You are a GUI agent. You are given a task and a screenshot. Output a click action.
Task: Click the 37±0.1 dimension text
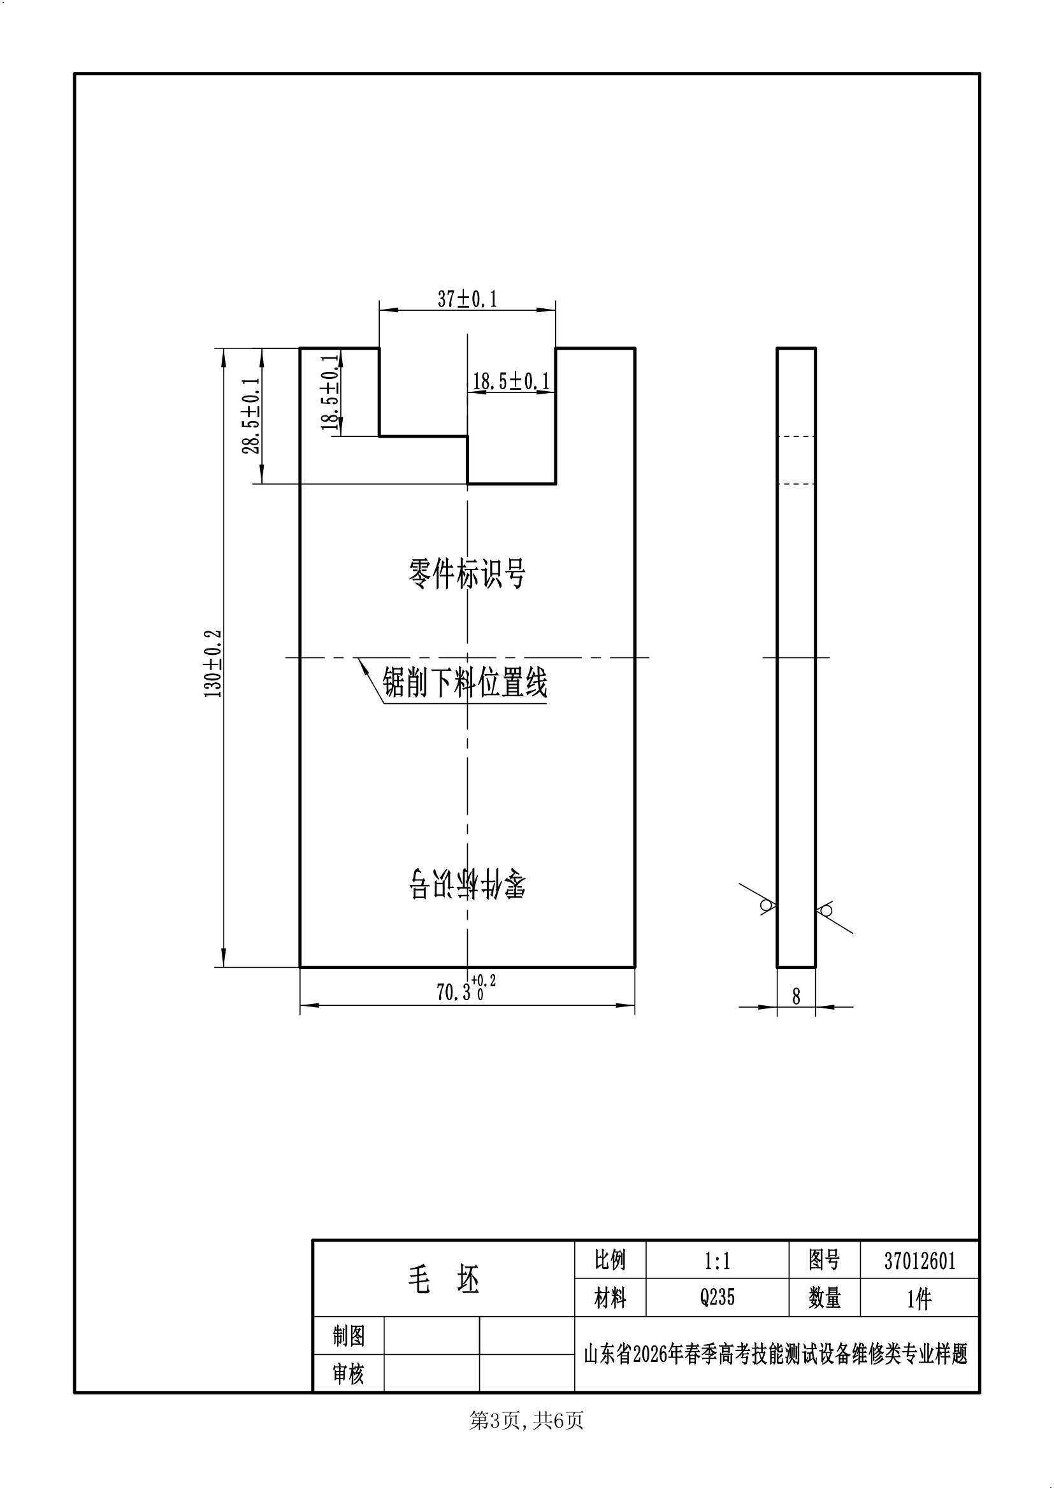[x=467, y=299]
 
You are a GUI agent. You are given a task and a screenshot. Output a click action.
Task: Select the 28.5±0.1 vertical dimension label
[x=251, y=416]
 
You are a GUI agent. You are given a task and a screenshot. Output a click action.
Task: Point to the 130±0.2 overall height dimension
[x=213, y=663]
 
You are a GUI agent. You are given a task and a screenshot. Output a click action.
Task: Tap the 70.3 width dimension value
[x=454, y=992]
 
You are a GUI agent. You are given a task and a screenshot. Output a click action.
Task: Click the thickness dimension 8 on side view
[x=797, y=996]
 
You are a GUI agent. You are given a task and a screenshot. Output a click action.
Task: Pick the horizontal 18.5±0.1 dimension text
[x=511, y=382]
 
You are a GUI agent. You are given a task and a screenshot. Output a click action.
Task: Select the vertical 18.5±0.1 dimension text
[x=330, y=392]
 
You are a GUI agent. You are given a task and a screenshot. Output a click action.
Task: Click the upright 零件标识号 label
[x=466, y=574]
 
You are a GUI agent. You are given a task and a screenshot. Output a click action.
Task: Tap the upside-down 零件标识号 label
[x=467, y=884]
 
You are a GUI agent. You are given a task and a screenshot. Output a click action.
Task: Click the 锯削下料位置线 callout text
[x=465, y=684]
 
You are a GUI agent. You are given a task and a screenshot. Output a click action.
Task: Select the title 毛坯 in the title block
[x=444, y=1279]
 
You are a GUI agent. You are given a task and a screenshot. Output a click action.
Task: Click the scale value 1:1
[x=717, y=1261]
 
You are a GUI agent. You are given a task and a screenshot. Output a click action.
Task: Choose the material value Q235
[x=717, y=1298]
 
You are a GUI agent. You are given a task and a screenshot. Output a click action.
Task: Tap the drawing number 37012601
[x=920, y=1261]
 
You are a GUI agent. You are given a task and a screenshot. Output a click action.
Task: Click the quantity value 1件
[x=919, y=1298]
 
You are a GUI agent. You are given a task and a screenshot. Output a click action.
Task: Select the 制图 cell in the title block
[x=349, y=1336]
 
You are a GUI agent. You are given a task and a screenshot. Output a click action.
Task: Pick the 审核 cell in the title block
[x=349, y=1373]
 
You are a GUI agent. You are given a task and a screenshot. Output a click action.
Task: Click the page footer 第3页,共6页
[x=526, y=1421]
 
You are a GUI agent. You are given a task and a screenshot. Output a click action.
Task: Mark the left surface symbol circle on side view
[x=766, y=905]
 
